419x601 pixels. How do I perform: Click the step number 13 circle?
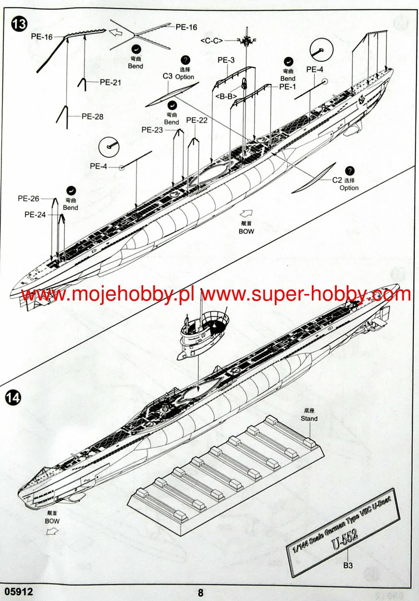point(19,24)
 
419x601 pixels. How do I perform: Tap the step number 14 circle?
point(13,397)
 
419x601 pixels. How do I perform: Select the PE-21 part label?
point(110,82)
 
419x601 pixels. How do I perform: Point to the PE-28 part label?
point(92,117)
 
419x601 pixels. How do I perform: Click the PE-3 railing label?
point(226,60)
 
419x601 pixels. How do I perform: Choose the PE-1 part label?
point(287,87)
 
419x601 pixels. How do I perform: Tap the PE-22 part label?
point(196,120)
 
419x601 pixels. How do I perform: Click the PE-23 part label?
point(152,130)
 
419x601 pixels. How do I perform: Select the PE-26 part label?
point(28,199)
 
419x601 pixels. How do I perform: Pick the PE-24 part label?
point(35,215)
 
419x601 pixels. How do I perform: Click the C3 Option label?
point(178,76)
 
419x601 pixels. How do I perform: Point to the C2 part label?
point(337,180)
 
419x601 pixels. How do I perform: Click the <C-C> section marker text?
point(211,41)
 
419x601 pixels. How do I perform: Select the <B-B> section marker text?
point(226,96)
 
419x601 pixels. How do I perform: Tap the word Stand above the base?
point(309,418)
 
